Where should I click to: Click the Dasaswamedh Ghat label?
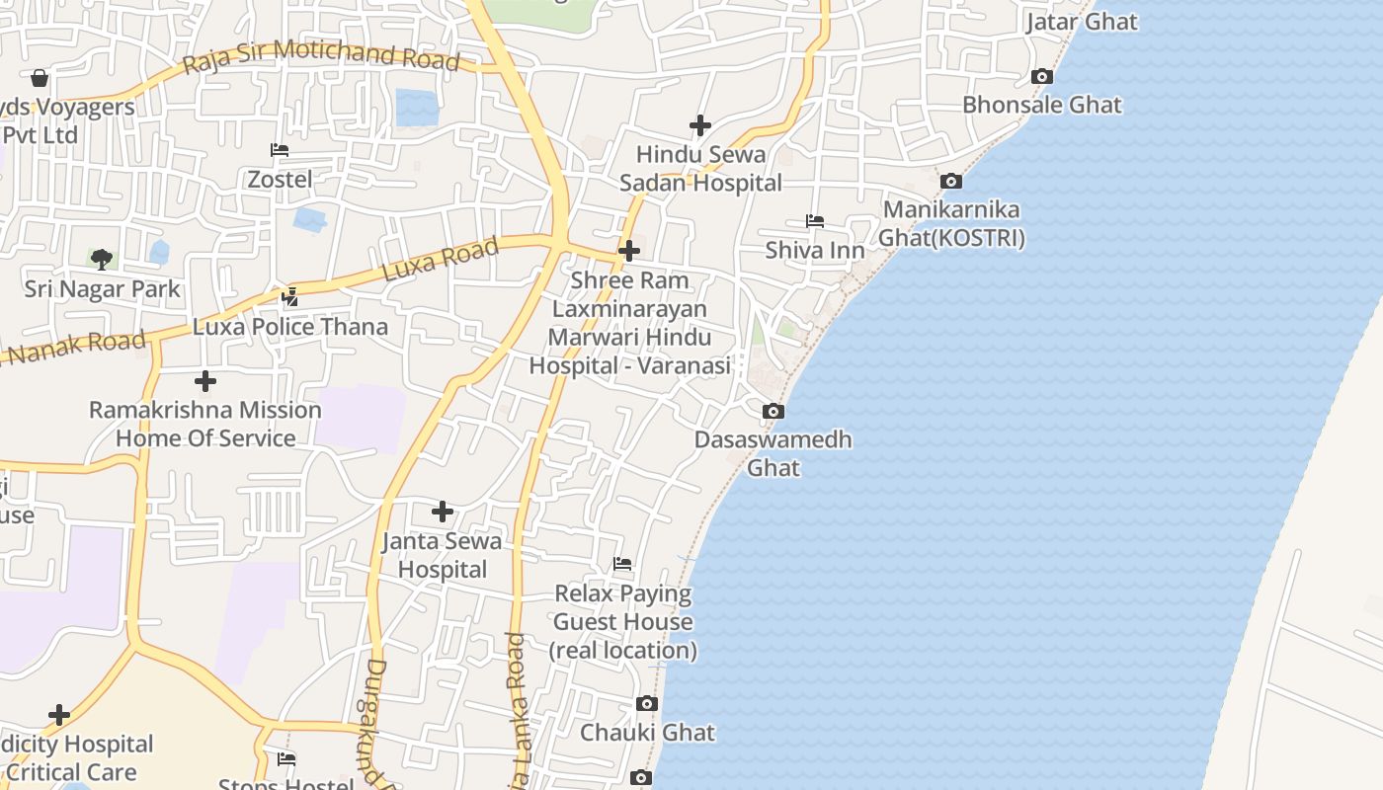[773, 453]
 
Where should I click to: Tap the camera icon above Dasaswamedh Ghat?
[773, 411]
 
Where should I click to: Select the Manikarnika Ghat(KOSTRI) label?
[951, 224]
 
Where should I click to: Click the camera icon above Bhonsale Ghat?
[1041, 76]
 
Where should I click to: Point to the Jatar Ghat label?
[1082, 22]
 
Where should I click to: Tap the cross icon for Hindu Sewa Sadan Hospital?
[700, 125]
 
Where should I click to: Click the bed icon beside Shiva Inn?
[815, 221]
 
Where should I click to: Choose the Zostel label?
[280, 180]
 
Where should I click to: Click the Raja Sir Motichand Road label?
[322, 55]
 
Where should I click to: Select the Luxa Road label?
[441, 260]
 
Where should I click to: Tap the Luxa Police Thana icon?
[290, 295]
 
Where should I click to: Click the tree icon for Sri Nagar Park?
[101, 260]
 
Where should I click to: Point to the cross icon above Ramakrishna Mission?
[205, 381]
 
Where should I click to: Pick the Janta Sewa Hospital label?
[442, 555]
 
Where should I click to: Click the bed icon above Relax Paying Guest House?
[622, 564]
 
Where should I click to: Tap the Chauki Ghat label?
[647, 733]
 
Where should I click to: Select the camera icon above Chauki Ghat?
[647, 703]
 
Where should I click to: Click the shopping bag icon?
[40, 78]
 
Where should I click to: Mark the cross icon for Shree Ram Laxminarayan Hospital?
[629, 251]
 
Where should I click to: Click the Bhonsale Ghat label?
[1042, 105]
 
